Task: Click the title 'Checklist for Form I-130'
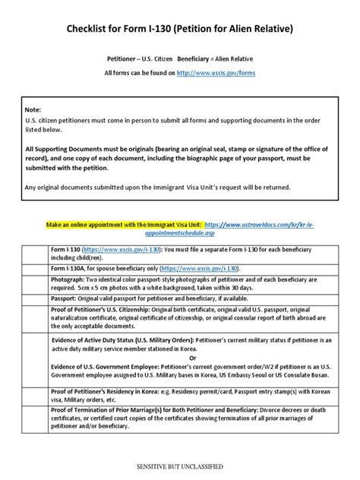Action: pyautogui.click(x=179, y=30)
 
